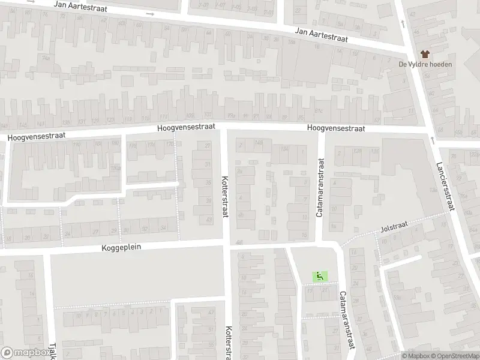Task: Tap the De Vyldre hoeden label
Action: pyautogui.click(x=425, y=65)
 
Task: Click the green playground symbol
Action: pyautogui.click(x=319, y=276)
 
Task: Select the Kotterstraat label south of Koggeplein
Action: pyautogui.click(x=228, y=343)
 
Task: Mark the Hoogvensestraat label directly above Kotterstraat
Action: pyautogui.click(x=185, y=128)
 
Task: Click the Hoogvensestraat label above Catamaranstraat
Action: pyautogui.click(x=335, y=128)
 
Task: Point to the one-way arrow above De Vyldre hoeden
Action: pyautogui.click(x=402, y=23)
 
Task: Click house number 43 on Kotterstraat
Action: pyautogui.click(x=209, y=220)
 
